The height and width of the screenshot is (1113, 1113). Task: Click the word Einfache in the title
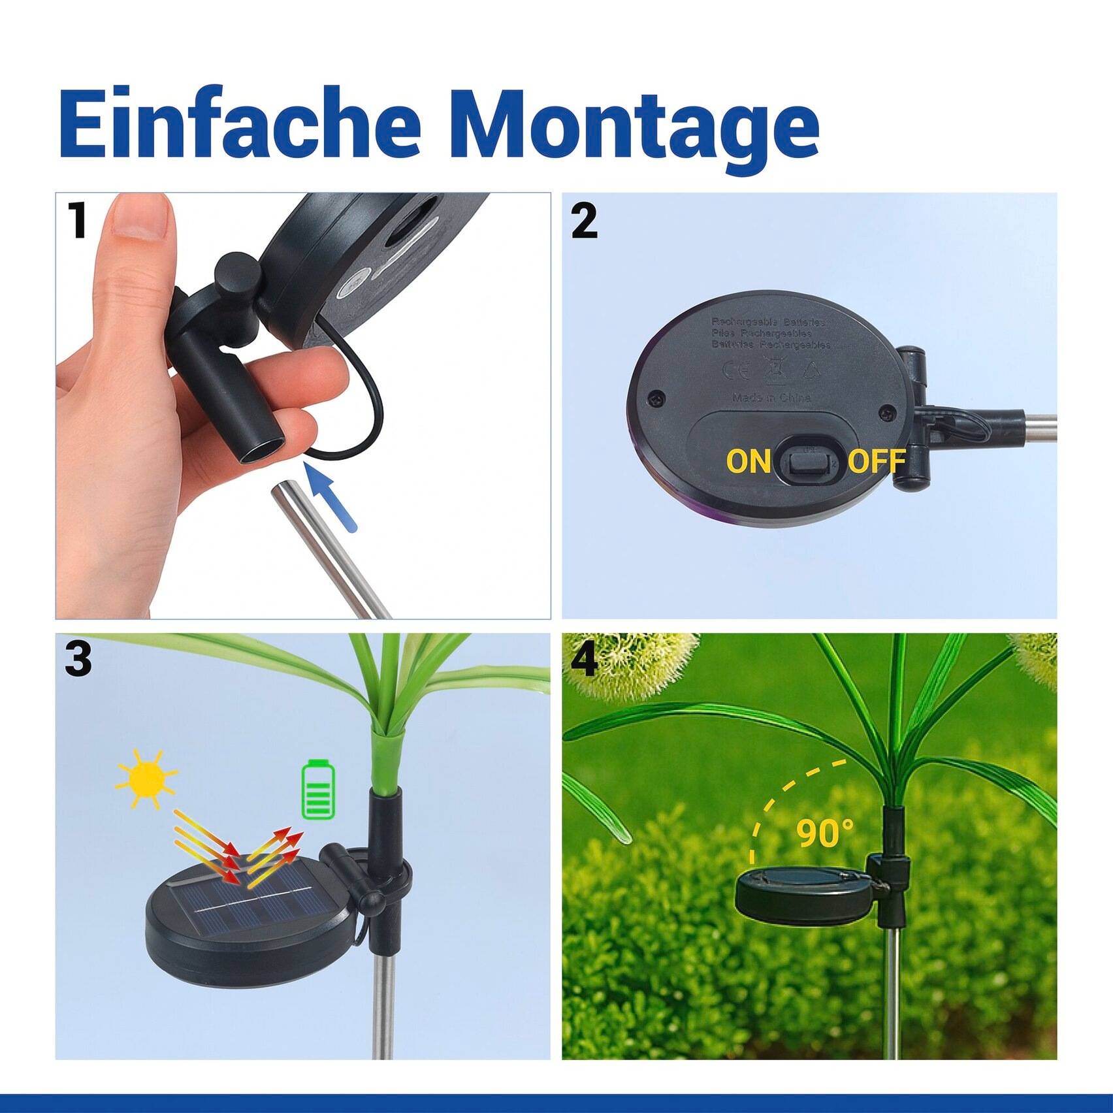point(239,124)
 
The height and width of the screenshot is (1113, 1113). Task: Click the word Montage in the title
point(634,127)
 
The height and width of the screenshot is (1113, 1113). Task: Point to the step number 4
point(583,660)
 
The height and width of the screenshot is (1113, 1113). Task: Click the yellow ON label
point(749,461)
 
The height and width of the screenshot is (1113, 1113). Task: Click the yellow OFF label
point(877,461)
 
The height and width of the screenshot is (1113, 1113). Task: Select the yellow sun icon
point(146,779)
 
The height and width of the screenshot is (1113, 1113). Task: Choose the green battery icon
point(318,790)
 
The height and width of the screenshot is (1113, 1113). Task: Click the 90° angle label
point(824,832)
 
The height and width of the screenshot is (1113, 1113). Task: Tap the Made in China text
point(771,397)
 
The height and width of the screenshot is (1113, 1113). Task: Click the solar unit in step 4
point(803,895)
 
